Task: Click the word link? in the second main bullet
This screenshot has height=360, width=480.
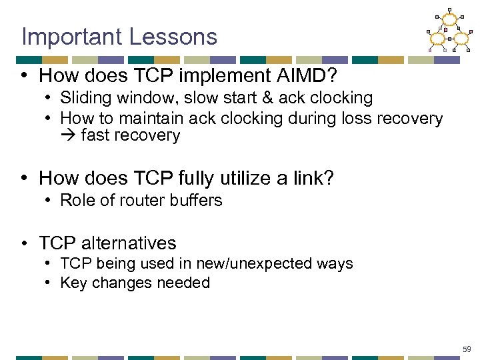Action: (x=312, y=178)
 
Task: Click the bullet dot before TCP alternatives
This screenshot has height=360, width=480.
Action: (x=25, y=243)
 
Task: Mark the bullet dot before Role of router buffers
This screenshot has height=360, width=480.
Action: (x=50, y=201)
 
